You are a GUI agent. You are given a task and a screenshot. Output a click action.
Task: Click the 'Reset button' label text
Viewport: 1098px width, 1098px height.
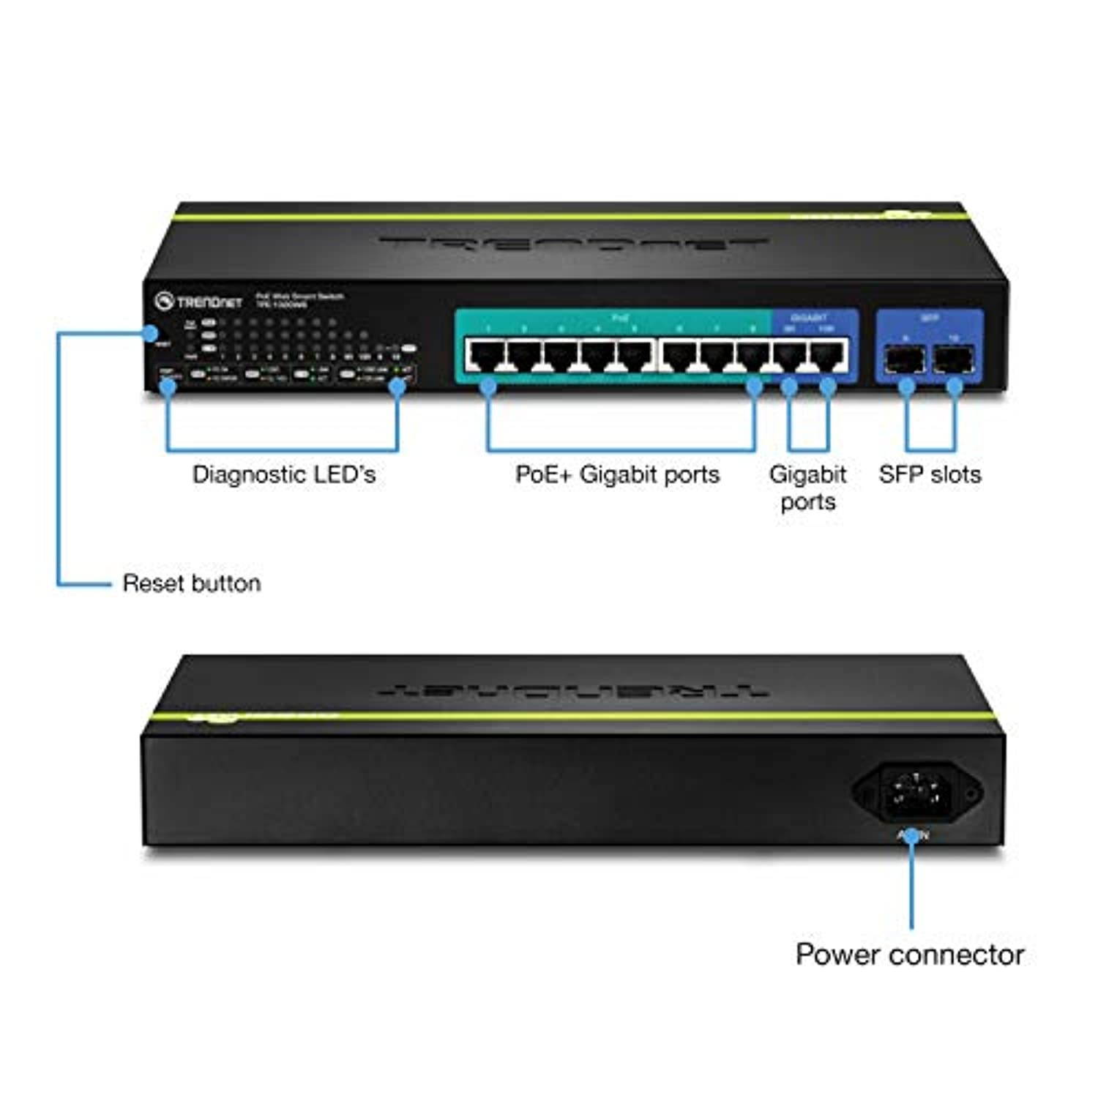click(x=192, y=583)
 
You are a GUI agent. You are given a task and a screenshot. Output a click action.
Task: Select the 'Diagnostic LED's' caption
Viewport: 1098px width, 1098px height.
click(x=284, y=474)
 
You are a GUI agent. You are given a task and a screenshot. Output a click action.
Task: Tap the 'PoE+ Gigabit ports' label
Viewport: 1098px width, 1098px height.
click(x=617, y=474)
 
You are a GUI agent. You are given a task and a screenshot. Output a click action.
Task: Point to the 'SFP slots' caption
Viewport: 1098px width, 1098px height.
click(x=930, y=474)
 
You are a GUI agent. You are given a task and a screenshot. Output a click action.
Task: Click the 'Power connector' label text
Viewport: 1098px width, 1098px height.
click(x=909, y=955)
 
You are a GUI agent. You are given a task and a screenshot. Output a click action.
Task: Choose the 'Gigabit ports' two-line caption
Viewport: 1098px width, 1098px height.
click(x=807, y=488)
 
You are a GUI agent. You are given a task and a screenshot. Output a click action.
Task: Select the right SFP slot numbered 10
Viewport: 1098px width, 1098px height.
click(x=954, y=359)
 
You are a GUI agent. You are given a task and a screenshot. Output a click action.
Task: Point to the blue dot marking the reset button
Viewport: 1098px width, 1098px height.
click(x=151, y=334)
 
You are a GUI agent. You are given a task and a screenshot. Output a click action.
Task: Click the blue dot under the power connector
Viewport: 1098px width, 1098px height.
click(x=911, y=835)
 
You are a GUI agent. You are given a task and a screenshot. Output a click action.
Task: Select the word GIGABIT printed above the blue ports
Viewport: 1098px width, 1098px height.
click(x=809, y=318)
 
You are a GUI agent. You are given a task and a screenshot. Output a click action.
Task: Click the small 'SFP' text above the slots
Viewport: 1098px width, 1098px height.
click(x=929, y=318)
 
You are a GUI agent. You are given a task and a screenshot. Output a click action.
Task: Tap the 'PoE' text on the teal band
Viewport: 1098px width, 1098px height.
click(x=620, y=318)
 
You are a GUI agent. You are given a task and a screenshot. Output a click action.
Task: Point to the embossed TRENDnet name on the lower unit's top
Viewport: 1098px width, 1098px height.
click(x=572, y=690)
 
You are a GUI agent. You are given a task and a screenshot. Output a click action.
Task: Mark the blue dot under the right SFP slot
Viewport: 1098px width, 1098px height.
click(x=955, y=386)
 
